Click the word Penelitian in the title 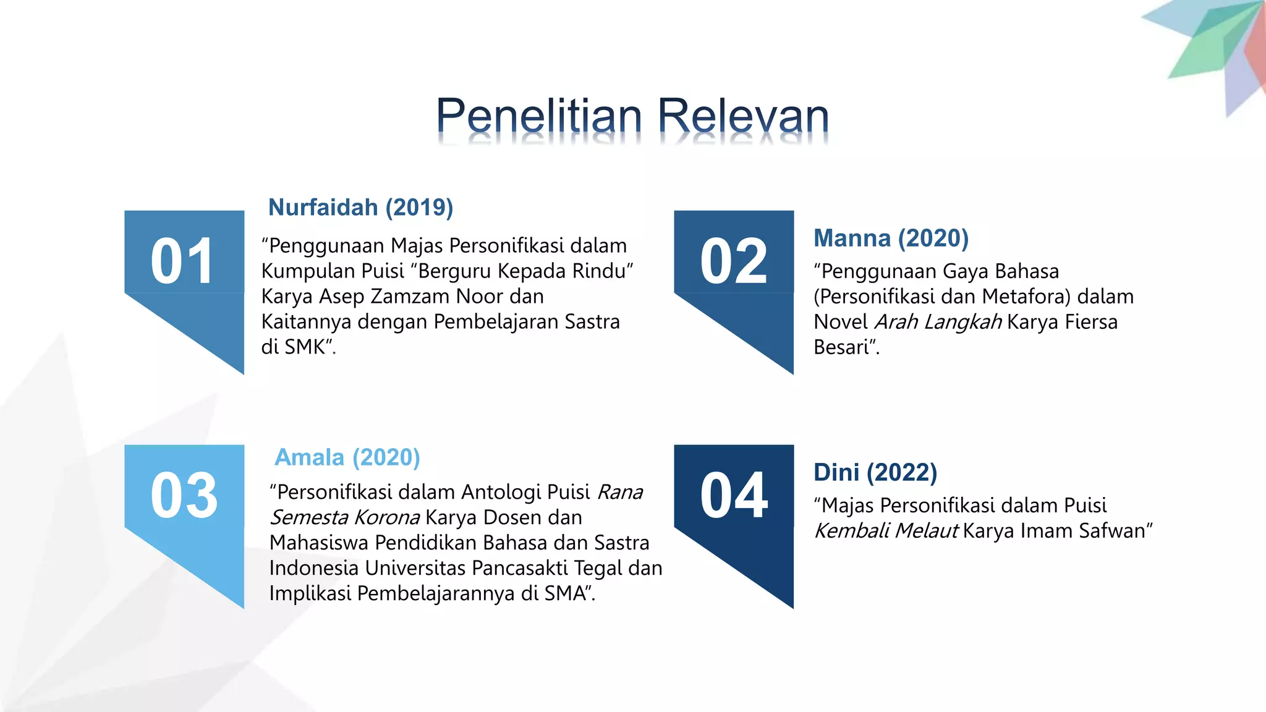(x=539, y=116)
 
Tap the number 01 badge (x=183, y=262)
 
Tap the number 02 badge (x=733, y=262)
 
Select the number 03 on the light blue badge (x=184, y=496)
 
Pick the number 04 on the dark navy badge (x=733, y=496)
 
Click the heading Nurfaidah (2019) (x=360, y=208)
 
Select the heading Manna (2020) (x=891, y=239)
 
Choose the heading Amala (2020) (x=347, y=458)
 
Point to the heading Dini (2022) (x=875, y=473)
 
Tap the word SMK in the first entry (x=305, y=347)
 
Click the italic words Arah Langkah (x=938, y=323)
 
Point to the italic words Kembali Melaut (x=886, y=531)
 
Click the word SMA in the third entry (x=565, y=593)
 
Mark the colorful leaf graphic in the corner (x=1212, y=49)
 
